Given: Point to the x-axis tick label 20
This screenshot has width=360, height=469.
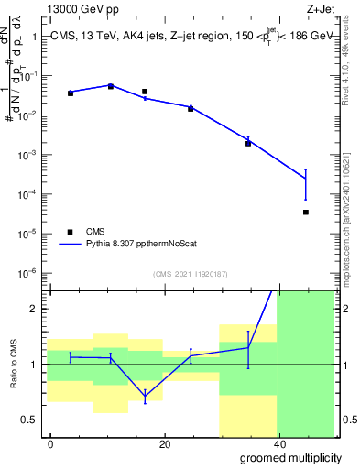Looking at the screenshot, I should pos(164,443).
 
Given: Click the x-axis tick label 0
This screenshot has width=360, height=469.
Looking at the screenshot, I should pos(51,443).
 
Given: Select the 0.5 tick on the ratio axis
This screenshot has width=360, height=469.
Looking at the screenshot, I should pos(36,420).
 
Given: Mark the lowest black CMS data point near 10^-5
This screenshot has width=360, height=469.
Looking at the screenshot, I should pos(305,212).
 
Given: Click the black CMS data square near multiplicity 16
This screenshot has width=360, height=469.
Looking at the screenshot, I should pos(145,92).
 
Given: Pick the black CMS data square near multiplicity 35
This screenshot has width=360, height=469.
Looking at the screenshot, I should pos(248,143).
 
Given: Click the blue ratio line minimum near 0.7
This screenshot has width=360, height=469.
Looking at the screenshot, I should pos(145,397).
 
